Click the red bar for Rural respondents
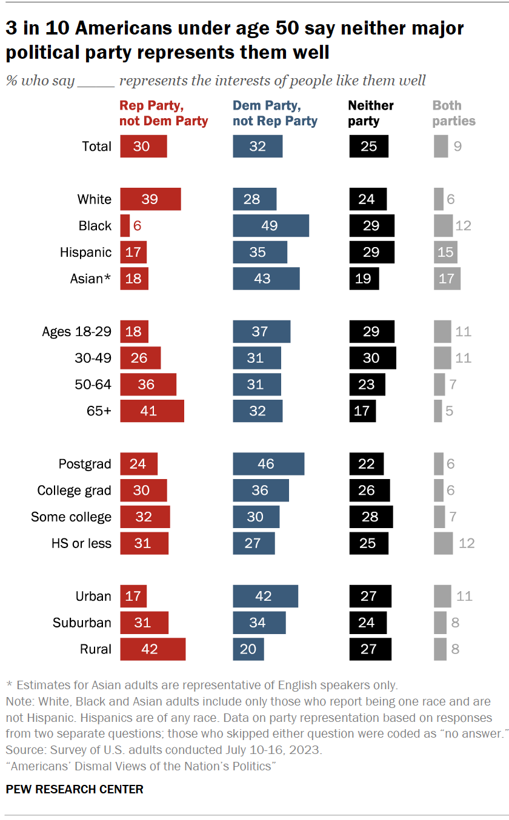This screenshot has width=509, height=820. (x=153, y=649)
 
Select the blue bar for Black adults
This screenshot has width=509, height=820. (x=271, y=225)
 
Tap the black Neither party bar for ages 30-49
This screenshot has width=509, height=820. (x=372, y=358)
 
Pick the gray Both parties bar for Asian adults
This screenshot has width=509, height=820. (x=447, y=279)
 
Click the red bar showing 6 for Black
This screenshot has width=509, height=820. (x=125, y=225)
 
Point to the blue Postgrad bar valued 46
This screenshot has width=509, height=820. (x=268, y=464)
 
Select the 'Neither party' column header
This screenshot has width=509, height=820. (x=371, y=113)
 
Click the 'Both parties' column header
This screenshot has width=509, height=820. (x=453, y=113)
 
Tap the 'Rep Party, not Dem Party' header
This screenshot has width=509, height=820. (x=164, y=113)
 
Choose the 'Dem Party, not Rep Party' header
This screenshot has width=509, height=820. (x=275, y=113)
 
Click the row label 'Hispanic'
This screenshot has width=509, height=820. (x=85, y=252)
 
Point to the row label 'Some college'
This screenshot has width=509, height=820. (x=72, y=517)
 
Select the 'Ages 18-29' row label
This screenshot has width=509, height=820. (x=76, y=331)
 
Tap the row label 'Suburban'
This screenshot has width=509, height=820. (x=82, y=623)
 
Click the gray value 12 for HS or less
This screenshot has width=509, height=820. (x=467, y=543)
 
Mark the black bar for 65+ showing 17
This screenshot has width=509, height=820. (x=362, y=411)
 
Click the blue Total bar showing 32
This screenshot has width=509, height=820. (x=258, y=146)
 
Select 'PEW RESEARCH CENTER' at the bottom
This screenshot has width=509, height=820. (x=75, y=789)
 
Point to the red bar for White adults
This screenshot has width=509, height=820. (x=150, y=199)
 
